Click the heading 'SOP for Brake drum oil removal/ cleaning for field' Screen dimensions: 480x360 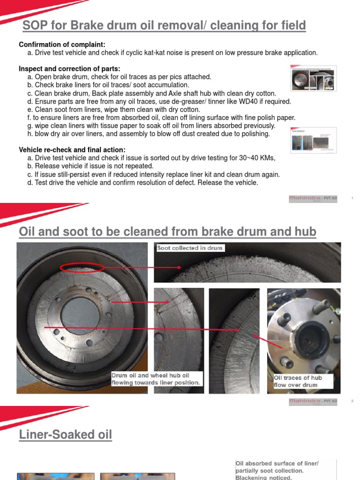[x=162, y=25]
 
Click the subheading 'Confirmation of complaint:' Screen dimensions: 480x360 [x=62, y=45]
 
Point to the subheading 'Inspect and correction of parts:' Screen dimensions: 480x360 [x=69, y=69]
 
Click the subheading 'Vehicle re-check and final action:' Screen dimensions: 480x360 [x=72, y=150]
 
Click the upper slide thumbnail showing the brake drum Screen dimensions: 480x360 [x=313, y=78]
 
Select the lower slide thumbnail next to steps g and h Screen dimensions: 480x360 [x=313, y=140]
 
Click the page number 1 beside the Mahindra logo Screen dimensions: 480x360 [x=352, y=199]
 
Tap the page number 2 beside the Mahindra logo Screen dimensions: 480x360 [x=352, y=401]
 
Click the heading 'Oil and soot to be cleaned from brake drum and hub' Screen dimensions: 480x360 [x=167, y=232]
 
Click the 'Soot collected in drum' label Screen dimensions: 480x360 [x=190, y=248]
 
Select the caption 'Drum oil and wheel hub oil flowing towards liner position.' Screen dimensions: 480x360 [x=157, y=379]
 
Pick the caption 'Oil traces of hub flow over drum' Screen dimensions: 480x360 [x=298, y=381]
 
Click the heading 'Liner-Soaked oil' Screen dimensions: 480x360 [x=66, y=435]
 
